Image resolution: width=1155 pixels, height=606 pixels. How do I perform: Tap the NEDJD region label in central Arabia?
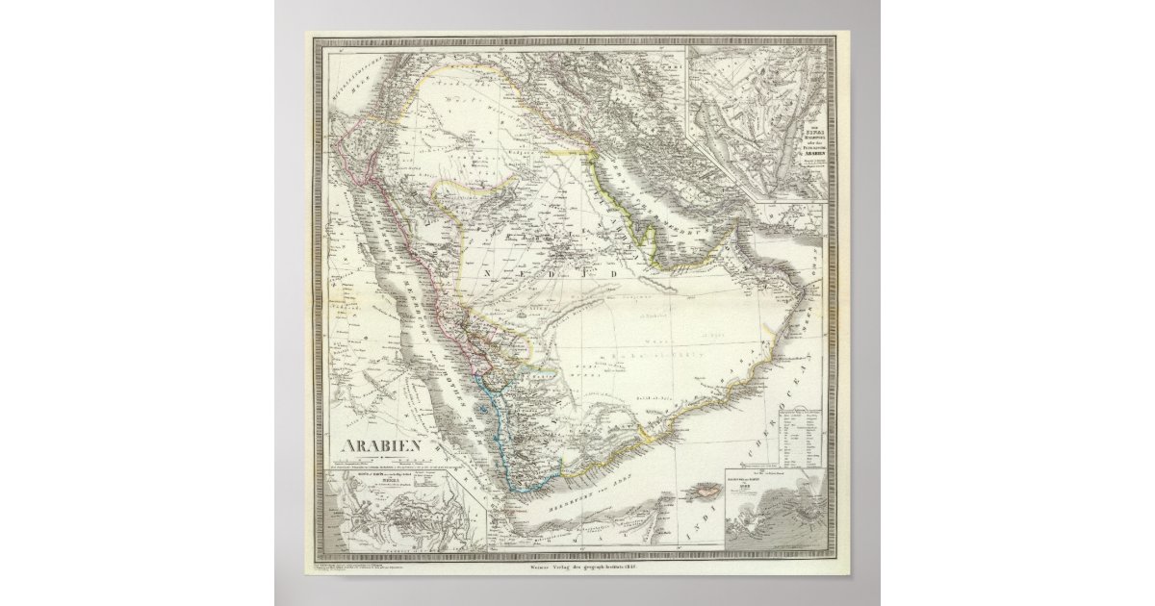pos(546,272)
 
